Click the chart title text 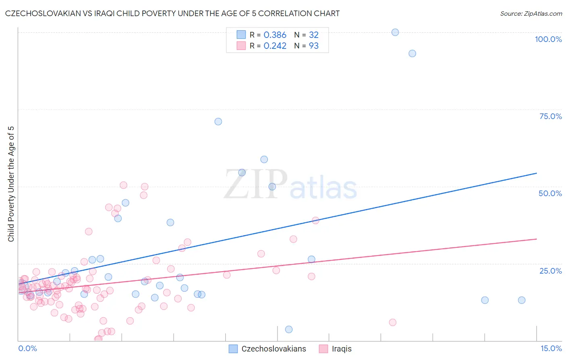point(173,13)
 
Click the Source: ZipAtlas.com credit point(531,13)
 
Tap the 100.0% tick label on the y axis point(548,39)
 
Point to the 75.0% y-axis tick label point(550,116)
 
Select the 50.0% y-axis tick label point(550,193)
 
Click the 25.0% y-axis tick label point(550,270)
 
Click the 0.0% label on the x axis point(27,348)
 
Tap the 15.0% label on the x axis point(551,348)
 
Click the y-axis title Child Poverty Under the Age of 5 point(11,184)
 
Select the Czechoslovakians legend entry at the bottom point(273,349)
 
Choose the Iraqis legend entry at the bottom point(341,349)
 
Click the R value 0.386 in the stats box point(275,35)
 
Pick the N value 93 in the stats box point(314,46)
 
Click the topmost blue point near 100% point(395,32)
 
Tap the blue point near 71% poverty point(218,121)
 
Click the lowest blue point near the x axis point(289,329)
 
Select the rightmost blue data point point(521,300)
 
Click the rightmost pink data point point(393,322)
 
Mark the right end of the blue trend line point(536,173)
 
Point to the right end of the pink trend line point(536,239)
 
